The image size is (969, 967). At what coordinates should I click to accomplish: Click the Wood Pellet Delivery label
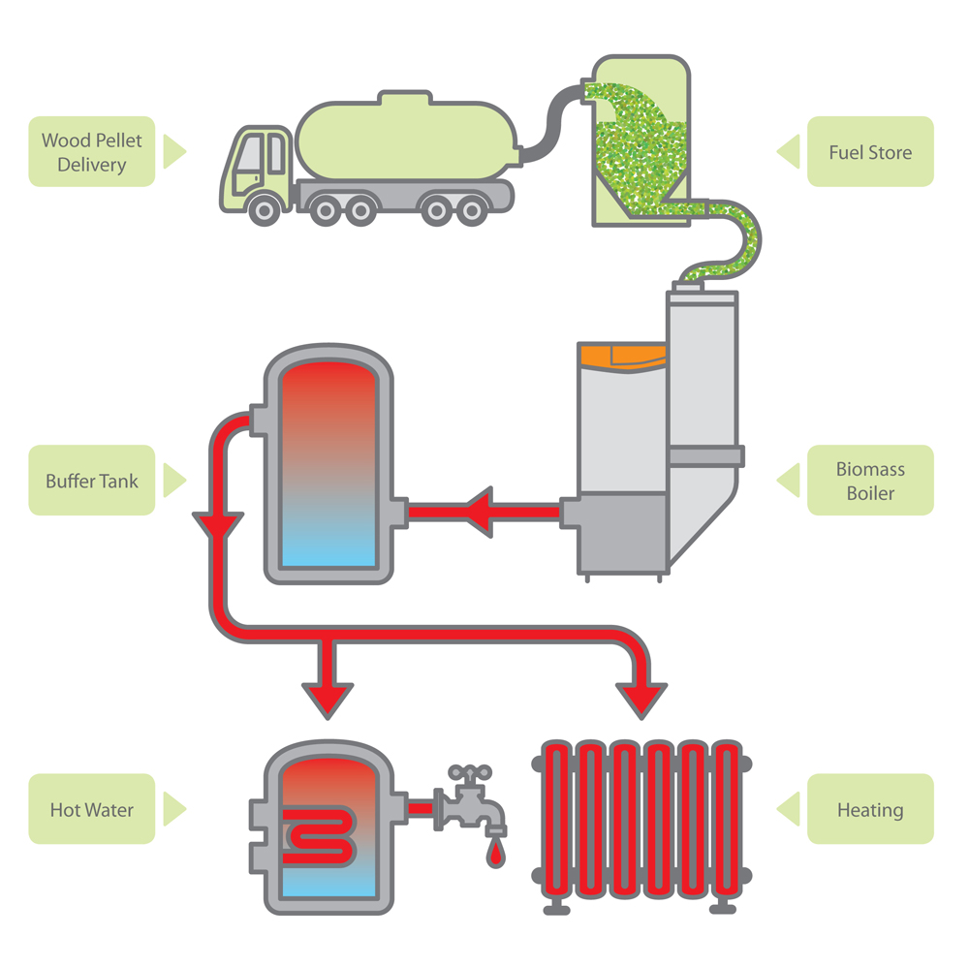tap(91, 152)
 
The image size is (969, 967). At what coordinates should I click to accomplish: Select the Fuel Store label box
tap(870, 152)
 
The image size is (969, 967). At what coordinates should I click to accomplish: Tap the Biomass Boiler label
tap(870, 481)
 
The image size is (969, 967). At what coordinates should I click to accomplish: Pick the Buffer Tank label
tap(91, 481)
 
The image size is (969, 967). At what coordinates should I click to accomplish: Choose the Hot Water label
tap(91, 809)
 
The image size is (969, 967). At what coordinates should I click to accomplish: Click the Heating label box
tap(870, 809)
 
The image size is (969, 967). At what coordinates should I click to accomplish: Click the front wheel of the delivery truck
tap(265, 209)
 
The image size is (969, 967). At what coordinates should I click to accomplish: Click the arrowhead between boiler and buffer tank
tap(482, 509)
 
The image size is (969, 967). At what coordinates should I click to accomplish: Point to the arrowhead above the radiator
tap(640, 697)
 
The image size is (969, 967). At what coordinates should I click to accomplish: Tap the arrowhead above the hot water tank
tap(329, 697)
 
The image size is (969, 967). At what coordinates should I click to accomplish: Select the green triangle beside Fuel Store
tap(787, 151)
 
